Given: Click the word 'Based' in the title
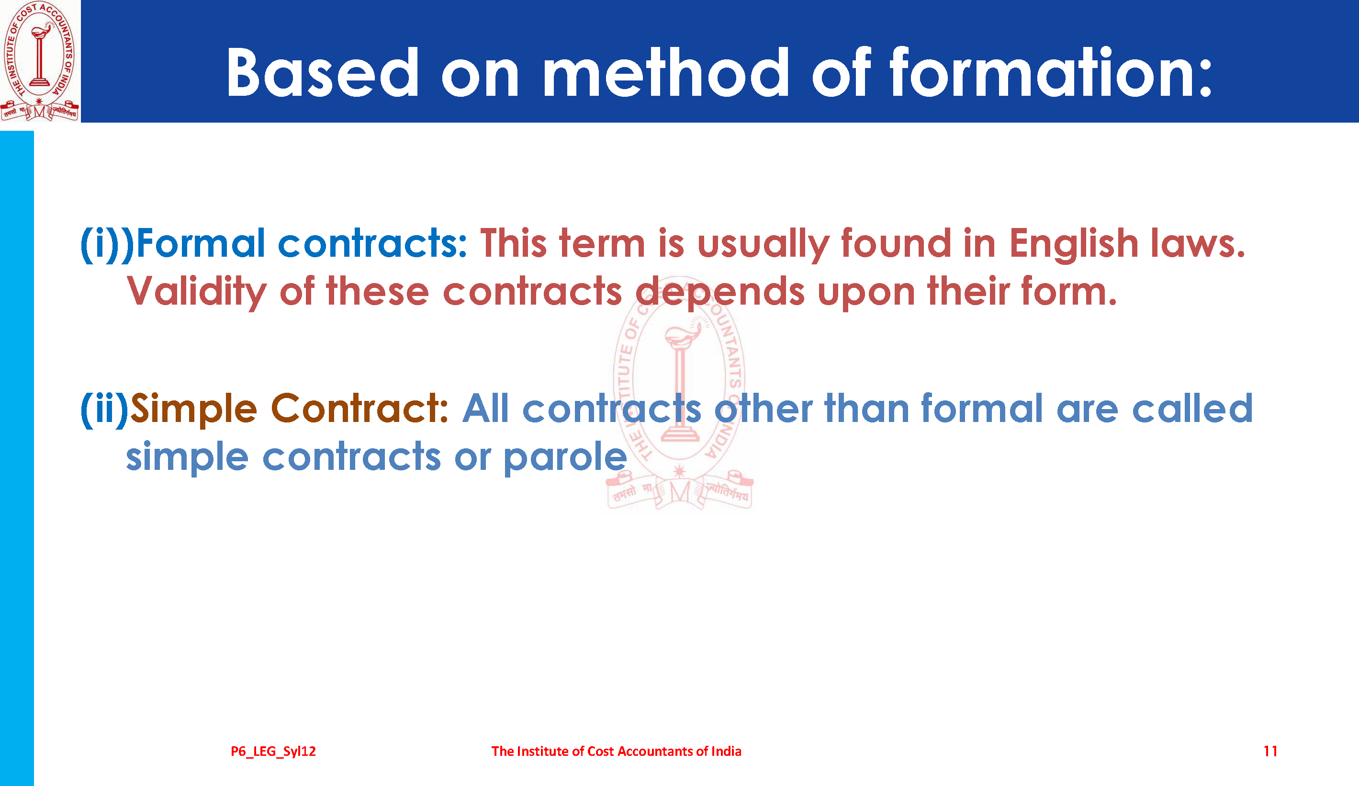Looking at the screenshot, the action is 323,72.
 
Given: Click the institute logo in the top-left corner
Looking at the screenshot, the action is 39,61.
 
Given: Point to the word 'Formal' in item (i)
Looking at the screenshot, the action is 201,243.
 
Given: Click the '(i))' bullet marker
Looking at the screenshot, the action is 107,244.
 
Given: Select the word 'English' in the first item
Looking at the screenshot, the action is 1073,244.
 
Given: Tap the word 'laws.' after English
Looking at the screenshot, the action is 1197,243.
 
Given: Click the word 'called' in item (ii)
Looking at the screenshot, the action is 1192,409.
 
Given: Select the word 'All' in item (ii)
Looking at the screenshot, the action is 485,409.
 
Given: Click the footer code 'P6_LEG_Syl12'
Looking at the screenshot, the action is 273,752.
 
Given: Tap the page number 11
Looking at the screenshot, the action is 1270,751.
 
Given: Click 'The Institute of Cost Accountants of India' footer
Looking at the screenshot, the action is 617,751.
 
